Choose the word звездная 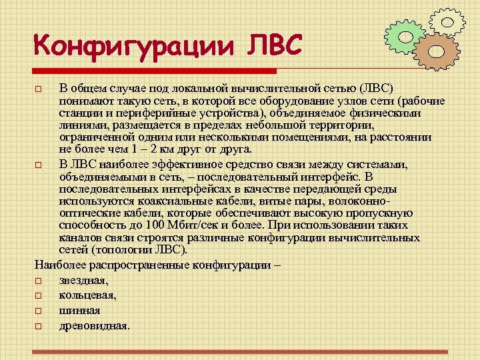coord(83,281)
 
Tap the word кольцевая coord(88,295)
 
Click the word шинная coord(79,310)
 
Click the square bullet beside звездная coord(39,281)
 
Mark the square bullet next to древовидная coord(39,327)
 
